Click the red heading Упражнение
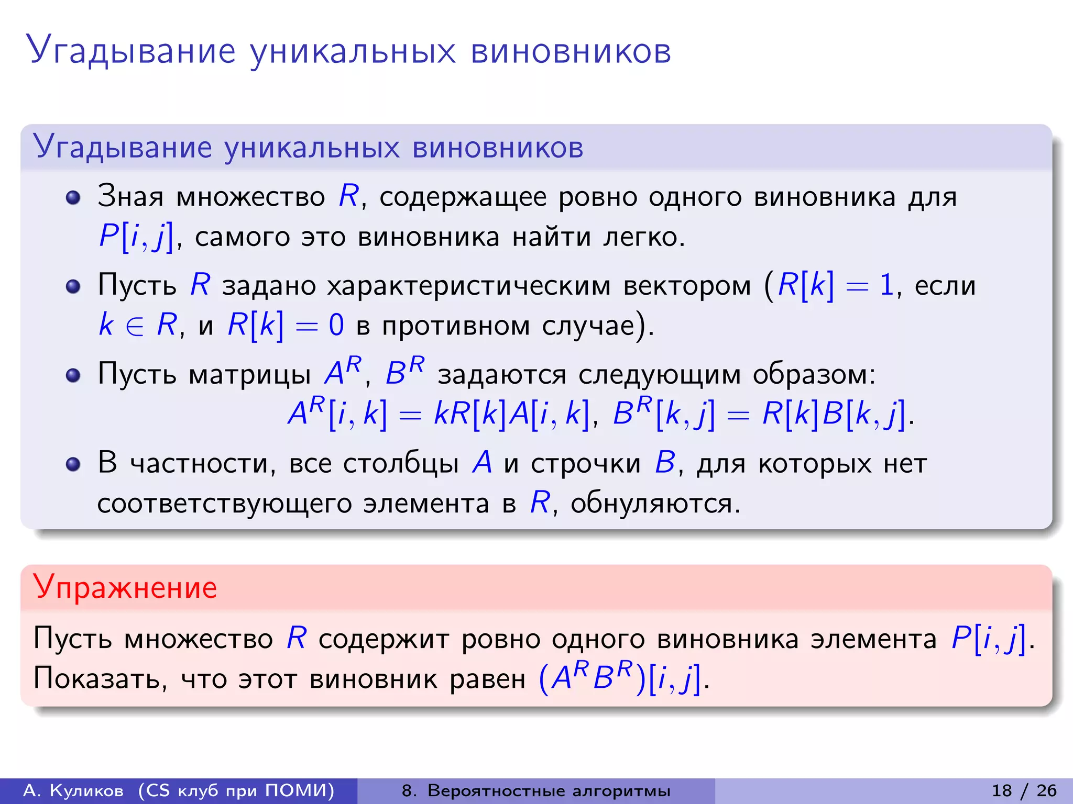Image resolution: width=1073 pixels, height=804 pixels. coord(125,587)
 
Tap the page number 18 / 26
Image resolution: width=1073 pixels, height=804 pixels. coord(1024,790)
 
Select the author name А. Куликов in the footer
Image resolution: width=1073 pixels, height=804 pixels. coord(74,790)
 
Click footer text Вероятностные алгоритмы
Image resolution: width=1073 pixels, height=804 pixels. coord(549,790)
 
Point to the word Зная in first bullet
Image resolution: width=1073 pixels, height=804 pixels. coord(130,196)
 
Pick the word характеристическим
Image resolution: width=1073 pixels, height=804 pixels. coord(469,286)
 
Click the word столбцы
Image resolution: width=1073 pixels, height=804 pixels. coord(401,463)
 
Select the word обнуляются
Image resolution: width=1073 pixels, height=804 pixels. coord(655,504)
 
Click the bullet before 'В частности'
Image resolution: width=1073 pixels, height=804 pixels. coord(73,464)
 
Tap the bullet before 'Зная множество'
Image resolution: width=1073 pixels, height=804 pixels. coord(73,197)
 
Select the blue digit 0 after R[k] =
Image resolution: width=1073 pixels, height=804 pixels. coord(336,326)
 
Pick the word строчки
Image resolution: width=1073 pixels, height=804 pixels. coord(585,463)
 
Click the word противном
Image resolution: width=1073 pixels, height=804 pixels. coord(456,326)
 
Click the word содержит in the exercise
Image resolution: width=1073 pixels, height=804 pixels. coord(384,639)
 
